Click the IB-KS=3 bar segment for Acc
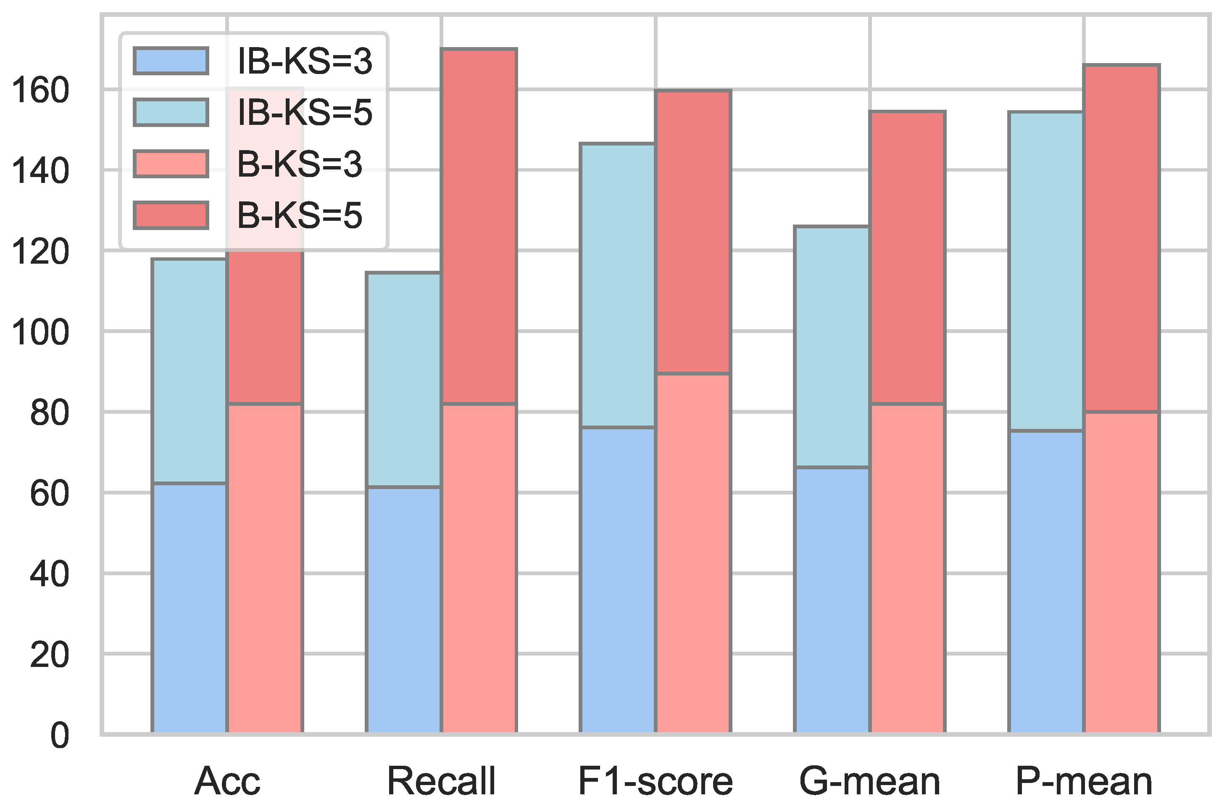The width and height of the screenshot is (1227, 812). coord(190,608)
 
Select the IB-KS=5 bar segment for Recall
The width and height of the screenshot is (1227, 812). coord(403,380)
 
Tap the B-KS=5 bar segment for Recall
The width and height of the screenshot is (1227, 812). coord(479,226)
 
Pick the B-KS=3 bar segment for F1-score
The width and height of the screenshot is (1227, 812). coord(693,553)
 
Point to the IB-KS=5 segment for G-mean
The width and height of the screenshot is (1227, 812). coord(832,347)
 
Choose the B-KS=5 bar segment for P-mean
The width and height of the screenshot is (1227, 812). coord(1122,239)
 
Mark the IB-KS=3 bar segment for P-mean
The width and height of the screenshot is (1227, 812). coord(1046,582)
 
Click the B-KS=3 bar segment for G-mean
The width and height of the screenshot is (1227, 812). coord(908,569)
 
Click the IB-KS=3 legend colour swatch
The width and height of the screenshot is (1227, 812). coord(171,61)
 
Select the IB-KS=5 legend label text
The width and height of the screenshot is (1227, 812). coord(304,112)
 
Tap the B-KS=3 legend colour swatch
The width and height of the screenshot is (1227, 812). coord(171,164)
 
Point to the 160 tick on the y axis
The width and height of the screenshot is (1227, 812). coord(40,90)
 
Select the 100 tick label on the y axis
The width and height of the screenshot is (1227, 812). coord(40,332)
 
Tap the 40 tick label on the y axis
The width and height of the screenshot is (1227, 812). coord(49,574)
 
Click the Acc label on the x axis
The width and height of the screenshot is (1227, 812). coord(227,781)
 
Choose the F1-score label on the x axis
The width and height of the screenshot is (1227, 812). coord(655,781)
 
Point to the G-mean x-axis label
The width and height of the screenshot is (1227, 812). coord(869,781)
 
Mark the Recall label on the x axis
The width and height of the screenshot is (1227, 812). coord(442,781)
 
